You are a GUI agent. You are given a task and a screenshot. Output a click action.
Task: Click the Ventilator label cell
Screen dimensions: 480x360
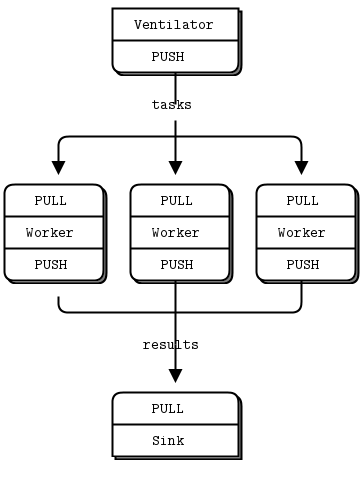pos(175,24)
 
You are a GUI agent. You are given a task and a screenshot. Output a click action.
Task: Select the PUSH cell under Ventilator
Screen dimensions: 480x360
pos(175,56)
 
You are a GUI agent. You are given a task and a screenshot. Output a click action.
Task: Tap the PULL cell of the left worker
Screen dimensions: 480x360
pos(53,200)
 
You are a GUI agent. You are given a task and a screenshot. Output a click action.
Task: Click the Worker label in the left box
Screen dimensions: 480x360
pos(53,233)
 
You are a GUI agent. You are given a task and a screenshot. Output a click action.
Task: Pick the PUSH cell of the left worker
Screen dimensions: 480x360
pos(53,265)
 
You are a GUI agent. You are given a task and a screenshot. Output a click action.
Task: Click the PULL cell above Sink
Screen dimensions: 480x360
pos(175,408)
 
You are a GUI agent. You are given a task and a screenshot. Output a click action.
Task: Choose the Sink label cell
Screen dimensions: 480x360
pos(175,440)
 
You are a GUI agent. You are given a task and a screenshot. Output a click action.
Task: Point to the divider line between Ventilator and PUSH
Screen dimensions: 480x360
pos(175,40)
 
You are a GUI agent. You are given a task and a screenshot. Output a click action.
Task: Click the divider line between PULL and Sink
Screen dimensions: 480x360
pos(175,424)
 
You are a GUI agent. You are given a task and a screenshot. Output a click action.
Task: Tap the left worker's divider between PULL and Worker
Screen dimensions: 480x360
pos(53,217)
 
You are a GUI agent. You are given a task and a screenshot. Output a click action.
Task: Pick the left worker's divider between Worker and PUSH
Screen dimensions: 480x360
pos(53,249)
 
